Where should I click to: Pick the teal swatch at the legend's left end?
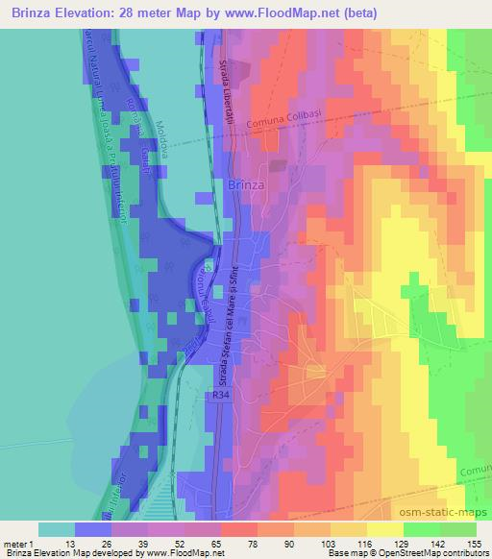click(x=57, y=529)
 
